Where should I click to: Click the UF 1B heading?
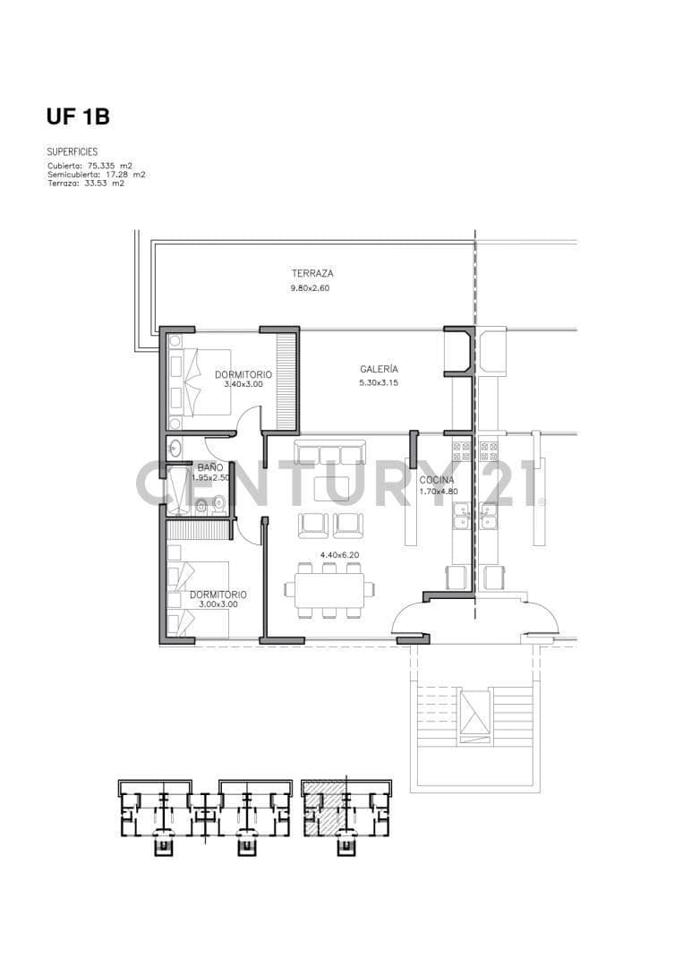(x=78, y=116)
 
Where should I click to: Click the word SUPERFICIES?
(x=73, y=151)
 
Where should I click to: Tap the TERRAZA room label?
(x=312, y=273)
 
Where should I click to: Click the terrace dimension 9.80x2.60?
(x=310, y=288)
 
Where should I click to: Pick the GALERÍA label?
(x=380, y=370)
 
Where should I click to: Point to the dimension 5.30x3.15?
(x=379, y=383)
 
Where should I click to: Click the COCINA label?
(x=437, y=480)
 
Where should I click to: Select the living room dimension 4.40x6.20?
(x=339, y=555)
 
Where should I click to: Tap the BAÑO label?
(x=210, y=468)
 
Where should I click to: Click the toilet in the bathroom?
(x=218, y=505)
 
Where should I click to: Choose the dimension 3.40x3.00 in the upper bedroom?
(x=243, y=384)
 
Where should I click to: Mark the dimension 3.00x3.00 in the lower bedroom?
(x=218, y=604)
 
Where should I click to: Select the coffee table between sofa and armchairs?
(x=331, y=489)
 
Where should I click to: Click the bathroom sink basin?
(x=175, y=449)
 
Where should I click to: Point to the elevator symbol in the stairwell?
(x=474, y=714)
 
